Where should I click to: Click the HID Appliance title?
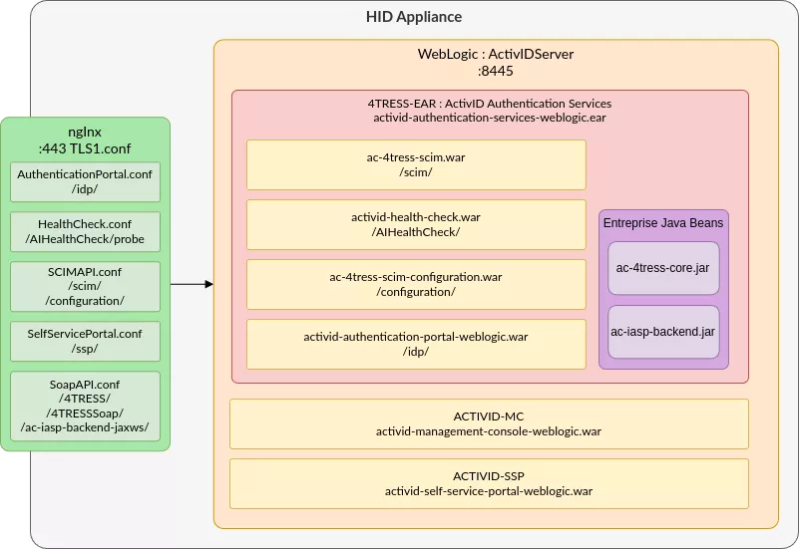(414, 18)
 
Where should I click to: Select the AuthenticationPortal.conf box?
(85, 182)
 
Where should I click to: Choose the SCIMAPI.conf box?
(85, 286)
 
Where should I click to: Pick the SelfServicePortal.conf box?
(85, 341)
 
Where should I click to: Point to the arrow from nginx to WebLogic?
(192, 285)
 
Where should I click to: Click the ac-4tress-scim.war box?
(416, 164)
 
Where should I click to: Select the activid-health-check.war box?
(416, 224)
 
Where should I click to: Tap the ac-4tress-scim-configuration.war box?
(416, 284)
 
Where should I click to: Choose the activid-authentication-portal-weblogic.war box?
(416, 344)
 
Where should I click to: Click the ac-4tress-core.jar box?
(663, 268)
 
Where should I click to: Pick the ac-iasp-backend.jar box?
(663, 332)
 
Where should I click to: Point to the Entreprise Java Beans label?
(663, 222)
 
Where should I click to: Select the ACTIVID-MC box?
(489, 423)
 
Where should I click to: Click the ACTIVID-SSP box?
(489, 483)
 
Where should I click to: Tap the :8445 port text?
(495, 71)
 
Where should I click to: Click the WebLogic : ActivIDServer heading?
(495, 54)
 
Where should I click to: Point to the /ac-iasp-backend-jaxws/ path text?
(85, 427)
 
